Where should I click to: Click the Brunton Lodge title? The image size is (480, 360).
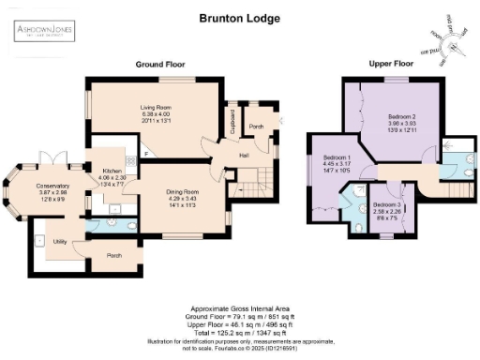tap(240, 17)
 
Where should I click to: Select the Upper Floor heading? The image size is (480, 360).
tap(391, 65)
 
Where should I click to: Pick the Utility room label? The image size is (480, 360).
tap(61, 241)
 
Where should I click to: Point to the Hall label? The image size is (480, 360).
tap(243, 155)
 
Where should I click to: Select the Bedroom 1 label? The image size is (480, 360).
tap(337, 157)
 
